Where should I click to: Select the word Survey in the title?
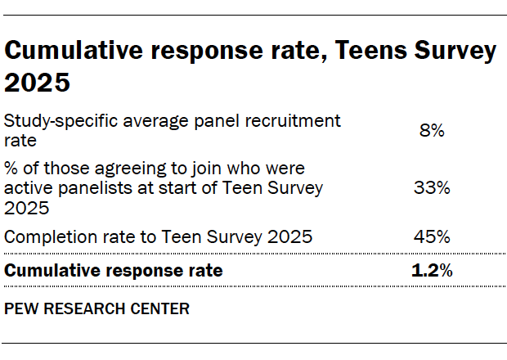454,52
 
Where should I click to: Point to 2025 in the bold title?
38,83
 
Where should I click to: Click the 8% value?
431,130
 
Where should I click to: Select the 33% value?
431,188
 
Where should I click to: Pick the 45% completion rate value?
431,237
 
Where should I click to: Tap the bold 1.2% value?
431,270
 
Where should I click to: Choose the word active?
26,188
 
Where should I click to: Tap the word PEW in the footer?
20,309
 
